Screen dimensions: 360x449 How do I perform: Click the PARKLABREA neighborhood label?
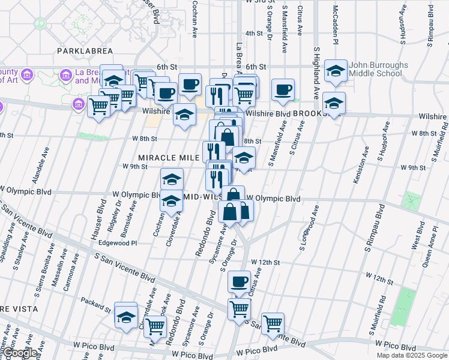point(85,51)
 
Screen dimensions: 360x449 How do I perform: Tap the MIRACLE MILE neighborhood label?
point(169,157)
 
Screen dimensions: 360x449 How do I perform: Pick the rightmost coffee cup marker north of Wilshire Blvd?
point(283,90)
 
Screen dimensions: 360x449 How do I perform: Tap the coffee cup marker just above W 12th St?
point(239,281)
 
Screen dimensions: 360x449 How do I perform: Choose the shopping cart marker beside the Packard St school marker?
point(155,326)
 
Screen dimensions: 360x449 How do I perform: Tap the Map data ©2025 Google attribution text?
point(411,355)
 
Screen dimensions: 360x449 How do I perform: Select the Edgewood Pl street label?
point(118,243)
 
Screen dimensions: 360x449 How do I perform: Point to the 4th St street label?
point(254,34)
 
